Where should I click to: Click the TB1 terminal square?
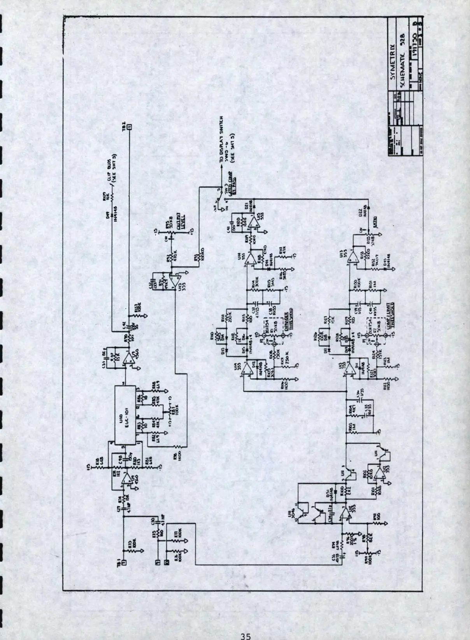click(124, 562)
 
